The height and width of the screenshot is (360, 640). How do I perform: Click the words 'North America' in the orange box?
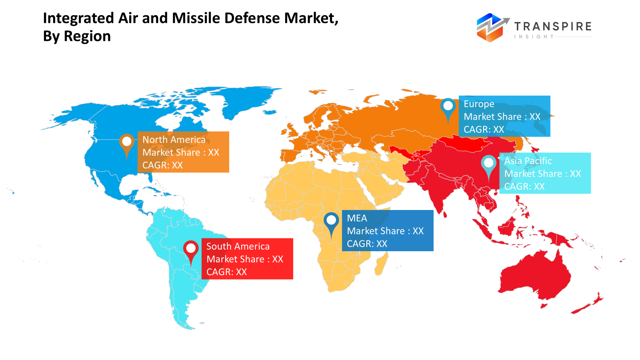tap(174, 140)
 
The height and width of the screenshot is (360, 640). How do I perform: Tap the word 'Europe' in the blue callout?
tap(479, 104)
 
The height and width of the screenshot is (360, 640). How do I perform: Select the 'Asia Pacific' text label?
tap(528, 161)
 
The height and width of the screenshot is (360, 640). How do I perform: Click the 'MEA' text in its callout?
tap(357, 218)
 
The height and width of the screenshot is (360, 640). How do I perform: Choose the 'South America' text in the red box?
tap(238, 246)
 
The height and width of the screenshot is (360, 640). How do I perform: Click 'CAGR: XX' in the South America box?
tap(226, 272)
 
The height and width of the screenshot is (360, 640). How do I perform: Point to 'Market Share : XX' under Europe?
tap(502, 117)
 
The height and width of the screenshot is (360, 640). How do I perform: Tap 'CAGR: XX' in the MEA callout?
tap(367, 244)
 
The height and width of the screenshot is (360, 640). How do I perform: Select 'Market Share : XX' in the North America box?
tap(181, 152)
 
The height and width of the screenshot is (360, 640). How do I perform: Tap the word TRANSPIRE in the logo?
tap(553, 26)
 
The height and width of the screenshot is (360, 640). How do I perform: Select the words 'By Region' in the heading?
tap(77, 36)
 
